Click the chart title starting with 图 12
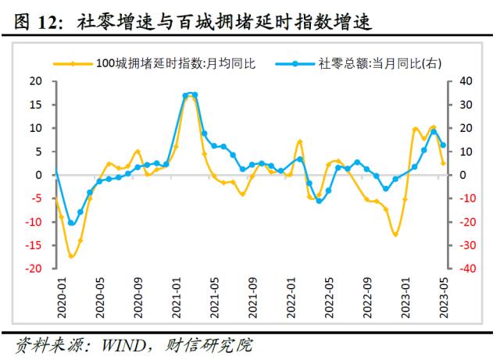click(x=193, y=22)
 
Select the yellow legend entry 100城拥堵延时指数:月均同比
click(x=155, y=63)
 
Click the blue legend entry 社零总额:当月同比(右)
click(x=359, y=63)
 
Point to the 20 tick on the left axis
click(x=36, y=81)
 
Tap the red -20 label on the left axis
click(x=34, y=269)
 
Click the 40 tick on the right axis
click(x=466, y=81)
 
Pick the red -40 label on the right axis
click(x=467, y=269)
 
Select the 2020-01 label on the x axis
click(x=62, y=298)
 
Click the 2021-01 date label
click(x=176, y=298)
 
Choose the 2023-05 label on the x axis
click(x=444, y=298)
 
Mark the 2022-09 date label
click(x=367, y=298)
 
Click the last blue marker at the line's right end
click(x=443, y=145)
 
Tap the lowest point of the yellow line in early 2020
click(x=71, y=256)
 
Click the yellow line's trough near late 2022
click(x=395, y=235)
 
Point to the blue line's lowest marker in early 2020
click(x=71, y=223)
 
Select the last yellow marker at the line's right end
click(x=443, y=163)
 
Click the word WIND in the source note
click(x=123, y=345)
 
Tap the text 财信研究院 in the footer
click(x=209, y=345)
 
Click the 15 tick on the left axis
click(x=36, y=105)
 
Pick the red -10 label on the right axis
click(x=467, y=198)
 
